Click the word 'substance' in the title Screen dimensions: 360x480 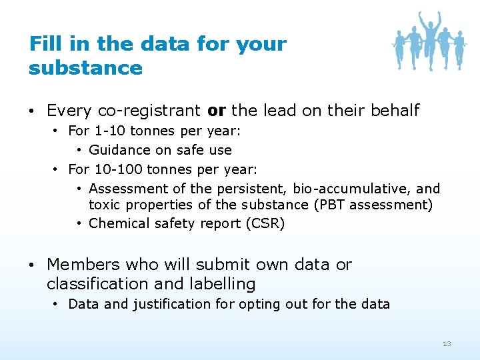(85, 68)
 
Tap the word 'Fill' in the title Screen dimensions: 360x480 (44, 44)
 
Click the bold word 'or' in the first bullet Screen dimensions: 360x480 (217, 110)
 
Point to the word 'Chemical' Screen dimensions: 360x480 (116, 223)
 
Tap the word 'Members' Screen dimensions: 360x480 (83, 264)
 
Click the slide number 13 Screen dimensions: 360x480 (447, 343)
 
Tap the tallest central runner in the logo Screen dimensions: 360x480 (429, 40)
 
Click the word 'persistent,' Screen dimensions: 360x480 (253, 189)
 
